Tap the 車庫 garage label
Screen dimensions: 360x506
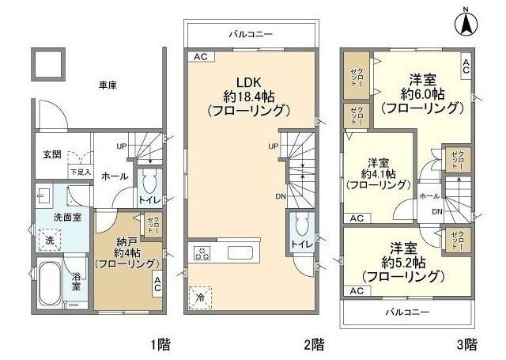pyautogui.click(x=108, y=85)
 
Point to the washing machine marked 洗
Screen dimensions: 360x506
pyautogui.click(x=48, y=240)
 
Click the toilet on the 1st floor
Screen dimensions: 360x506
pyautogui.click(x=149, y=190)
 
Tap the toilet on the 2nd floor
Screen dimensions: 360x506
pyautogui.click(x=299, y=234)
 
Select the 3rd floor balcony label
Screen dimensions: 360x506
pyautogui.click(x=406, y=312)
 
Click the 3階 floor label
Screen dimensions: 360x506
pyautogui.click(x=466, y=344)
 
